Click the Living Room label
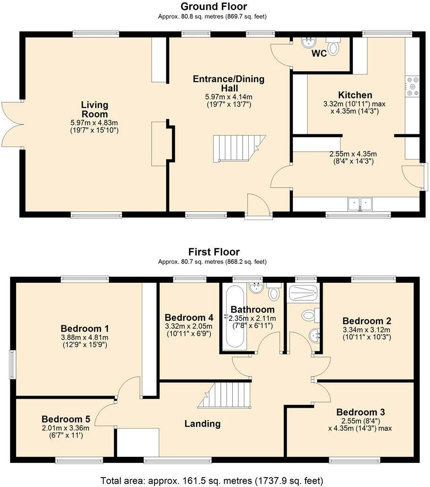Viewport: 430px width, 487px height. point(94,109)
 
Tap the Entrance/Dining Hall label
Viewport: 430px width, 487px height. point(228,83)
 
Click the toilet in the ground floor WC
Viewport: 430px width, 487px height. point(333,48)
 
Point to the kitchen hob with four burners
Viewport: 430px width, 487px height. point(412,87)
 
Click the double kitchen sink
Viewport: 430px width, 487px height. point(360,204)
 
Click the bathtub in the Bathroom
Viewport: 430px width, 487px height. point(234,318)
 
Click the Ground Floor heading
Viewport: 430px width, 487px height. point(214,6)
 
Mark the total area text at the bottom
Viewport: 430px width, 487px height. point(212,480)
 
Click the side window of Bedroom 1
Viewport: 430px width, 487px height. point(13,364)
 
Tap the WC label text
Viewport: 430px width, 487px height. point(319,53)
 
